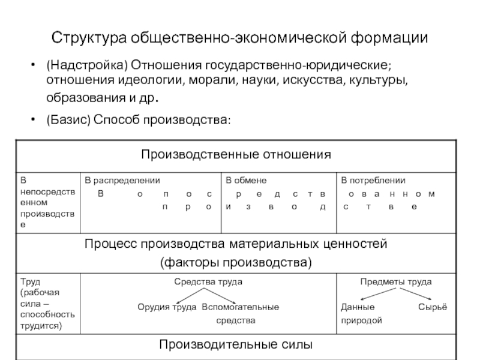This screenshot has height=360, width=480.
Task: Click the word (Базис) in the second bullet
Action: [68, 121]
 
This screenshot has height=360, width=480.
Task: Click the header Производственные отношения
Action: [236, 154]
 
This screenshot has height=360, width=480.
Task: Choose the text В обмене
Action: [246, 180]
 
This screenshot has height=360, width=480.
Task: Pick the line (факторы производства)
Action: [236, 262]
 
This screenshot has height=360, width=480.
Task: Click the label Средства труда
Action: [208, 281]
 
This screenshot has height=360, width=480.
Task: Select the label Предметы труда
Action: [395, 281]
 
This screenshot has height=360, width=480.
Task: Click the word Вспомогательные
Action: [240, 307]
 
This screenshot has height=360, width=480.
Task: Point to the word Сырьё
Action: [432, 307]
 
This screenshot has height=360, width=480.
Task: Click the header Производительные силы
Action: [235, 344]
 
